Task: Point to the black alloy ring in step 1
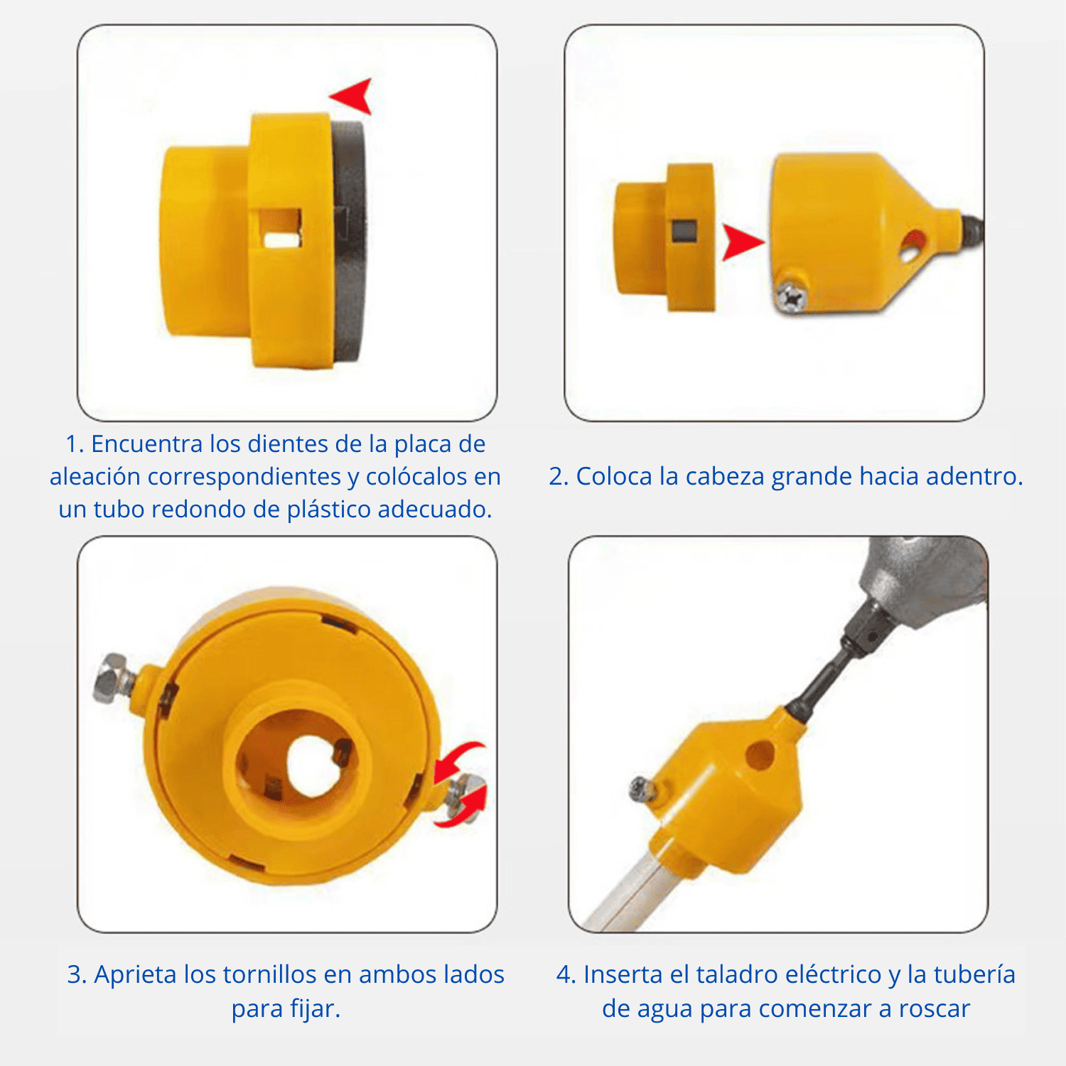coord(350,242)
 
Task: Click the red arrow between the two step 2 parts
coord(741,242)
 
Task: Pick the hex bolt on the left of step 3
coord(111,678)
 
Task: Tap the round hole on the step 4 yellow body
coord(761,755)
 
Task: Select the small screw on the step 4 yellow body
coord(641,789)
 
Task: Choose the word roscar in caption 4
coord(934,1008)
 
